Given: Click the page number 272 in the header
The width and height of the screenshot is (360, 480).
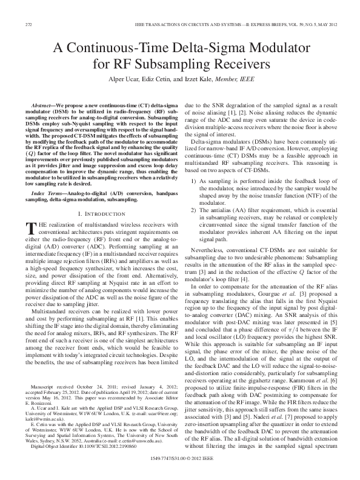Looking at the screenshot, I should point(28,24).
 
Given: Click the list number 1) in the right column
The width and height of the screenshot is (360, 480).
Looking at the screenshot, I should point(195,147).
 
